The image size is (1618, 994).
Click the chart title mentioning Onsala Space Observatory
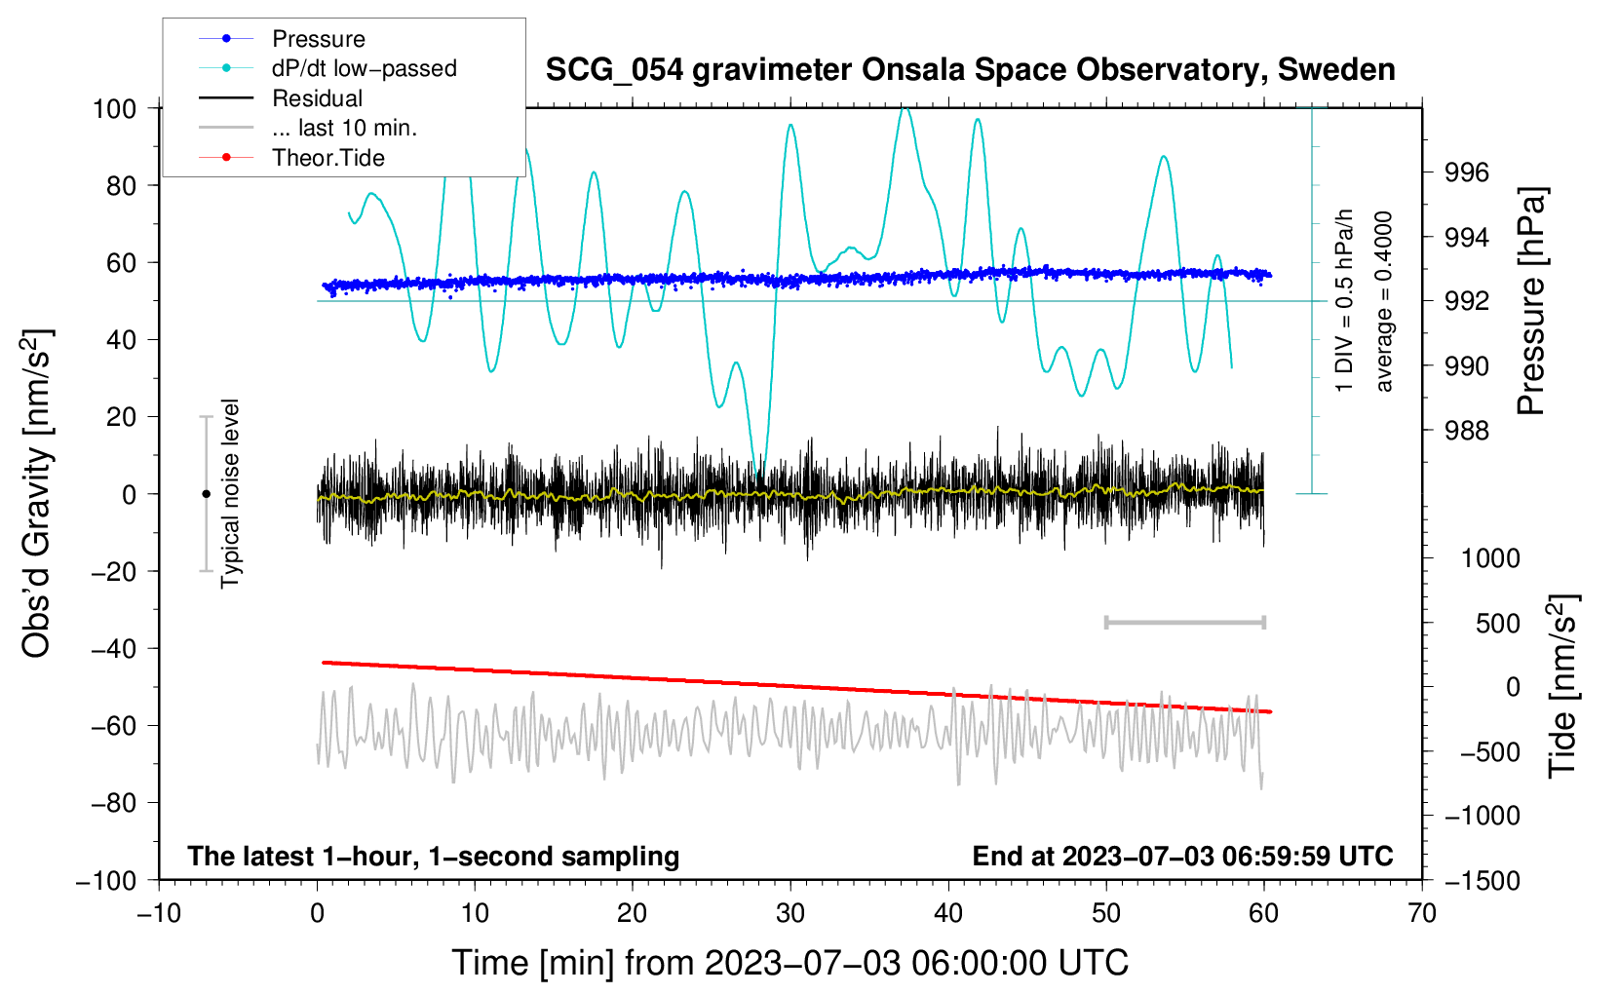click(970, 70)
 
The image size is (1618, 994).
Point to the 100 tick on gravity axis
click(114, 108)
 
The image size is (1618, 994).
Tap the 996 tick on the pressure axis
click(1467, 172)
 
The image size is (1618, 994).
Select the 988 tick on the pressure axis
click(1467, 430)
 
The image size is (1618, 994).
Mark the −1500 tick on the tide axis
click(1482, 880)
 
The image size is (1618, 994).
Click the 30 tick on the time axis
click(790, 913)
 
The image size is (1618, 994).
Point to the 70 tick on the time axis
click(1422, 913)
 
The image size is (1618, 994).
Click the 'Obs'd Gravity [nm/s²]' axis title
click(37, 493)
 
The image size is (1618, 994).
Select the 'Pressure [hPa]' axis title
click(1531, 301)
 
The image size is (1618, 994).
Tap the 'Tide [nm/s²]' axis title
click(1562, 685)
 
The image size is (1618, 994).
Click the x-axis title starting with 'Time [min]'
click(790, 963)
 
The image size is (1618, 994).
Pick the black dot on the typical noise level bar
click(206, 494)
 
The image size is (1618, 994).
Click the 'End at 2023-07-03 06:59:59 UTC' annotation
click(1182, 856)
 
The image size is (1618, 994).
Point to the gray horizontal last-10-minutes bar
click(1184, 622)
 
